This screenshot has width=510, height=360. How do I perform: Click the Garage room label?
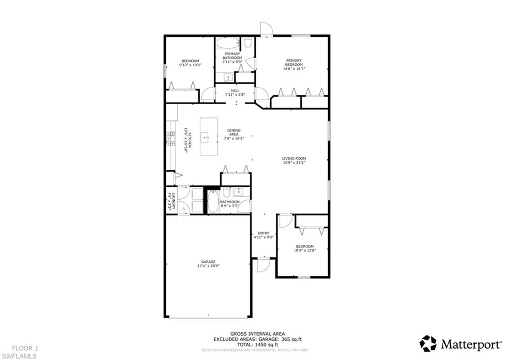coord(208,263)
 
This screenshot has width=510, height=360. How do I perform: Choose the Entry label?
coord(263,235)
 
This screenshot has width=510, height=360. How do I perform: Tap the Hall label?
coord(235,92)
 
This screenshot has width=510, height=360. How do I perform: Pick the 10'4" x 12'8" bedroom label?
coord(304,248)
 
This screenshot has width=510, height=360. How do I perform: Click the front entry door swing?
coord(263,266)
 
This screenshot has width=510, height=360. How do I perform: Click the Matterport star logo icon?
coord(428,344)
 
